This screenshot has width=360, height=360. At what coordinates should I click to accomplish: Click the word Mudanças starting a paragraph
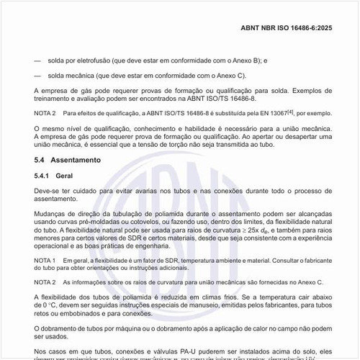click(53, 214)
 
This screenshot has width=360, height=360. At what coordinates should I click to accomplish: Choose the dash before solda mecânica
click(37, 76)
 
